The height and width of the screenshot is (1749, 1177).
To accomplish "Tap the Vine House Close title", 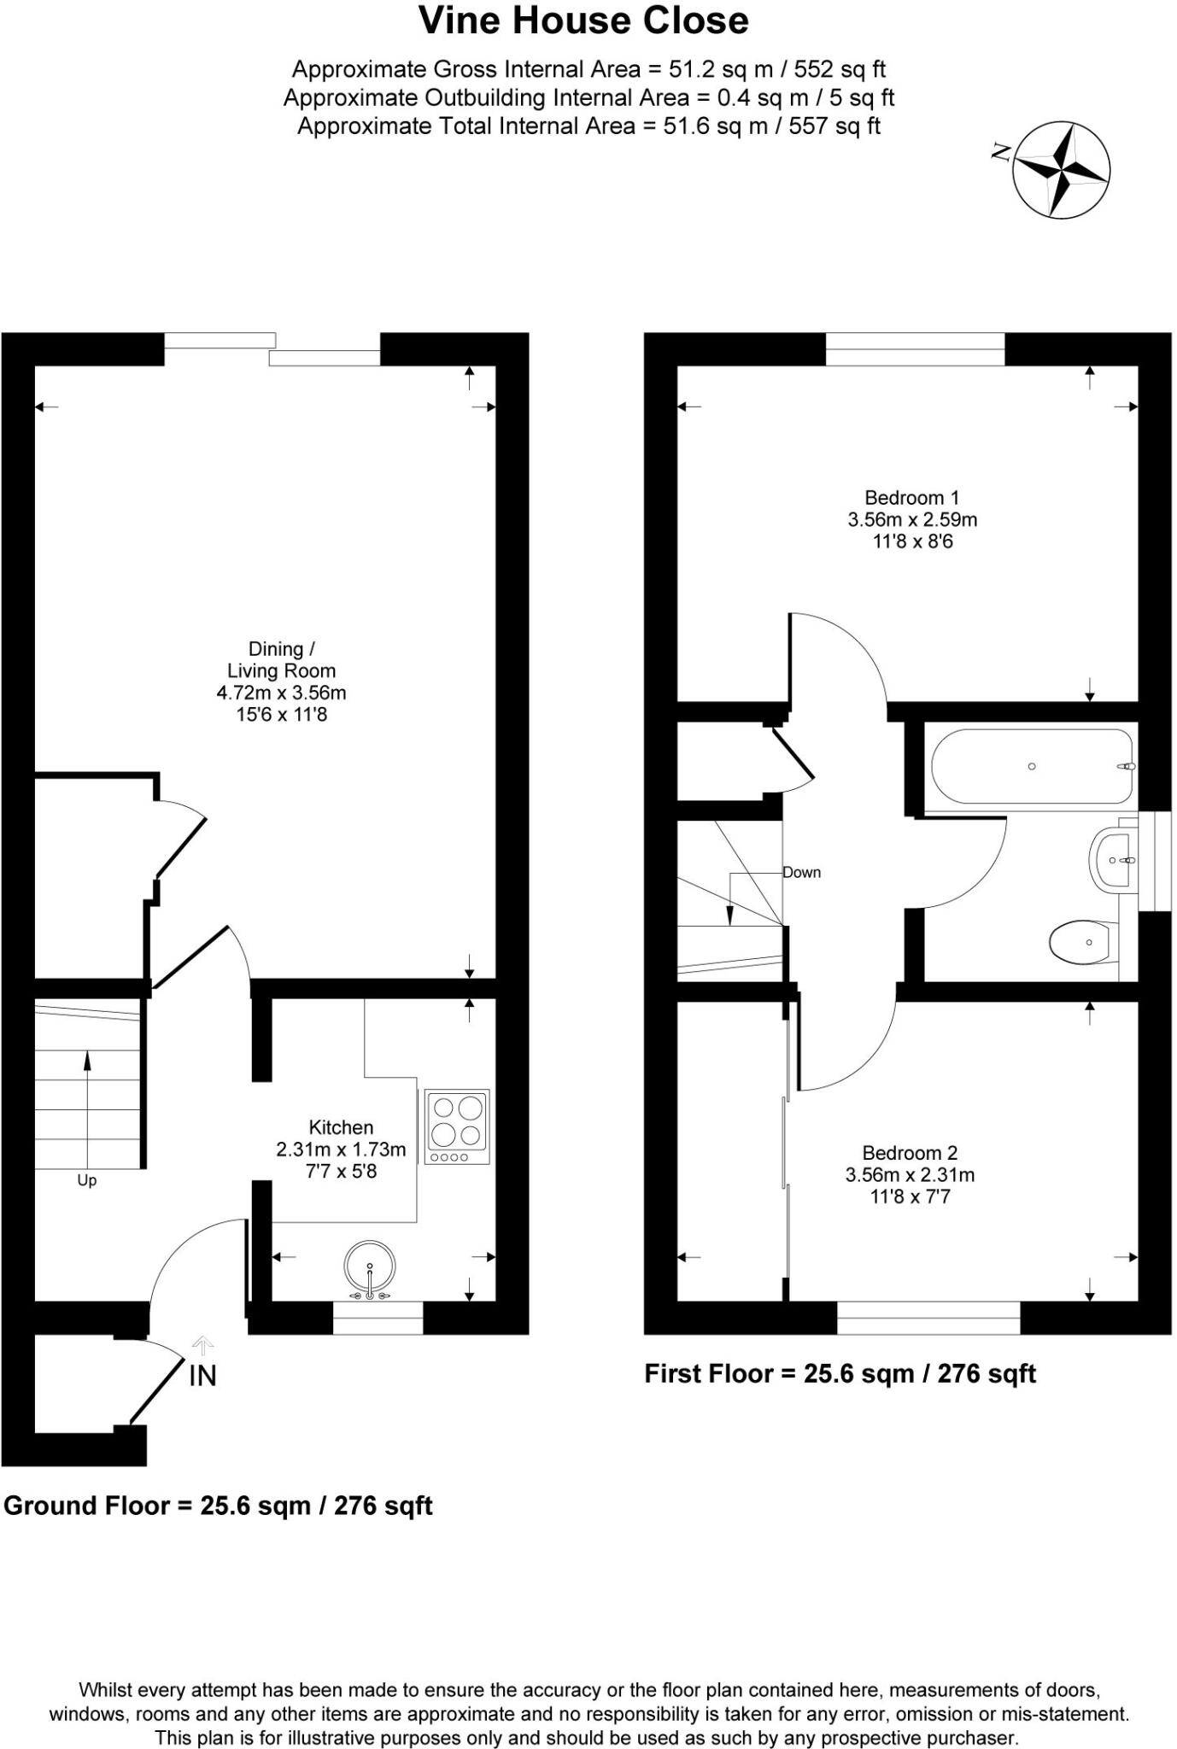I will click(583, 20).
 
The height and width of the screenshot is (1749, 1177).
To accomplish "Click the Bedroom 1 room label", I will click(911, 497).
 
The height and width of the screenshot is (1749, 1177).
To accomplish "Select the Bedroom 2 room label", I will click(910, 1152).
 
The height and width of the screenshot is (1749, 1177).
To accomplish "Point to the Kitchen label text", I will click(341, 1126).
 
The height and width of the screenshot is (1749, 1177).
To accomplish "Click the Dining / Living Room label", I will click(281, 659).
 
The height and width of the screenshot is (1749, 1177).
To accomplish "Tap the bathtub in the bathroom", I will click(1032, 765).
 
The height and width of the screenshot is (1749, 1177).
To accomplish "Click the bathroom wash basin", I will click(1113, 859).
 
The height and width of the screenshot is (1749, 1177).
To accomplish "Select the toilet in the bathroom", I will click(1080, 942).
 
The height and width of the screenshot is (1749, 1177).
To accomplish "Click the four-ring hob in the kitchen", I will click(457, 1126).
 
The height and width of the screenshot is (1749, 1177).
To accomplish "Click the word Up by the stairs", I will click(87, 1180).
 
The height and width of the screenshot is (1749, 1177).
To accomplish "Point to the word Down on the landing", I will click(802, 872).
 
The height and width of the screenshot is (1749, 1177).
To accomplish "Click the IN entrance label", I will click(202, 1375).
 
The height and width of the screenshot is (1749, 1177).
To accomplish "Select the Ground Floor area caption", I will click(218, 1505).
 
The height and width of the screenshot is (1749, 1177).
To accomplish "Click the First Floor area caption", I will click(840, 1373).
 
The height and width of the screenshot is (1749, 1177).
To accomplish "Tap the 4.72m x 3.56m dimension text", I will click(281, 693).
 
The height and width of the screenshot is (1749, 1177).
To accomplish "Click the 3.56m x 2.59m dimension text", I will click(912, 519).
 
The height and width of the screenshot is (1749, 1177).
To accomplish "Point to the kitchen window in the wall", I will click(378, 1318).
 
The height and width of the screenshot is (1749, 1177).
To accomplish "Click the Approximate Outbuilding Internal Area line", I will click(588, 97).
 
